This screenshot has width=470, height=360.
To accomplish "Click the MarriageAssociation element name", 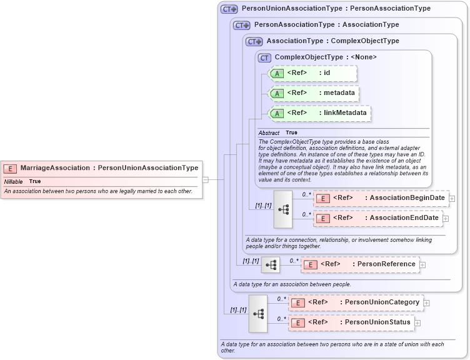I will (54, 167).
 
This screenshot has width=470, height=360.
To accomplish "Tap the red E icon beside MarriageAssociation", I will (11, 168).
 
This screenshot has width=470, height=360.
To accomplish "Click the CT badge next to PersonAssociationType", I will (241, 25).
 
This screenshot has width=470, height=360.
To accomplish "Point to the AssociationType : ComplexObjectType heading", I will (332, 41).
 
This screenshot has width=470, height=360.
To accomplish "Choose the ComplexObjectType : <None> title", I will (326, 57).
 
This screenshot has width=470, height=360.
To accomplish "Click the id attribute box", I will (312, 74).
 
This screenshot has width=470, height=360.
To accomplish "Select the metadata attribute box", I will (314, 93).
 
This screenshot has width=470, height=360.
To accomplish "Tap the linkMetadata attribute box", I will (319, 113).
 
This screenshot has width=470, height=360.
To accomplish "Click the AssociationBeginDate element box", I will (381, 198).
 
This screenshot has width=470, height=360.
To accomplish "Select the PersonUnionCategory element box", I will (355, 302).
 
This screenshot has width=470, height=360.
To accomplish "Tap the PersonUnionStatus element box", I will (351, 322).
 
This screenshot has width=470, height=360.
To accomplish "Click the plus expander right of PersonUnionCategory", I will (427, 303).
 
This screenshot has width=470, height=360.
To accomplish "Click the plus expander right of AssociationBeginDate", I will (452, 199).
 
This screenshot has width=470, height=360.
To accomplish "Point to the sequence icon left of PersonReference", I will (271, 265).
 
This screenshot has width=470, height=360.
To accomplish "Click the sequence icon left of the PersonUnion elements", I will (257, 313).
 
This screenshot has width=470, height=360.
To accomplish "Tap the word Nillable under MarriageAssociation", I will (13, 181).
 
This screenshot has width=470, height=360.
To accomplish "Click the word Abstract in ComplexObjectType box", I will (269, 133).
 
